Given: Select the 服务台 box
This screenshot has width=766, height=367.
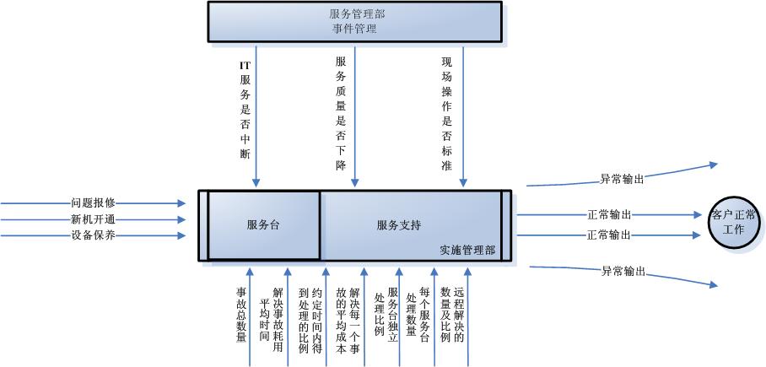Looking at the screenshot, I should [x=264, y=225].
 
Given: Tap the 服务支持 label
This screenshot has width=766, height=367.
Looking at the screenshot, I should [x=399, y=225].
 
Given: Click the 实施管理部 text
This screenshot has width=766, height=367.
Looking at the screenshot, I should [x=467, y=251].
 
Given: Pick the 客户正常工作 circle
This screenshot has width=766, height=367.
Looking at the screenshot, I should [x=734, y=222].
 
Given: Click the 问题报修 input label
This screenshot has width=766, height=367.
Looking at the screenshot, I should [x=93, y=203].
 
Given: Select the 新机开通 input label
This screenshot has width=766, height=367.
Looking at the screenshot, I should [x=93, y=219].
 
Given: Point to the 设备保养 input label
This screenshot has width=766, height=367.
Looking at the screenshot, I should [x=93, y=235].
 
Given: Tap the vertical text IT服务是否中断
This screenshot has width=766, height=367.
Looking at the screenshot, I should [x=245, y=108].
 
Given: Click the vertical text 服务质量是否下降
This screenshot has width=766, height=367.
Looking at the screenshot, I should [x=341, y=113].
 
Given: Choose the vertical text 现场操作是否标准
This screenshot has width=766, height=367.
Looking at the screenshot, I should [x=447, y=113].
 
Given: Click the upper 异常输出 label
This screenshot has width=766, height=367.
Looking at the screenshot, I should [x=623, y=179].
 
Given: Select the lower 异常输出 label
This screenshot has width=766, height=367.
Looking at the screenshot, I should [x=623, y=271].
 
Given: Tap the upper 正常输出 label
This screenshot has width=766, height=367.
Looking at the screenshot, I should [x=608, y=215].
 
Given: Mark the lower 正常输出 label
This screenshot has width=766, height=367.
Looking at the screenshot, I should [x=608, y=235].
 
